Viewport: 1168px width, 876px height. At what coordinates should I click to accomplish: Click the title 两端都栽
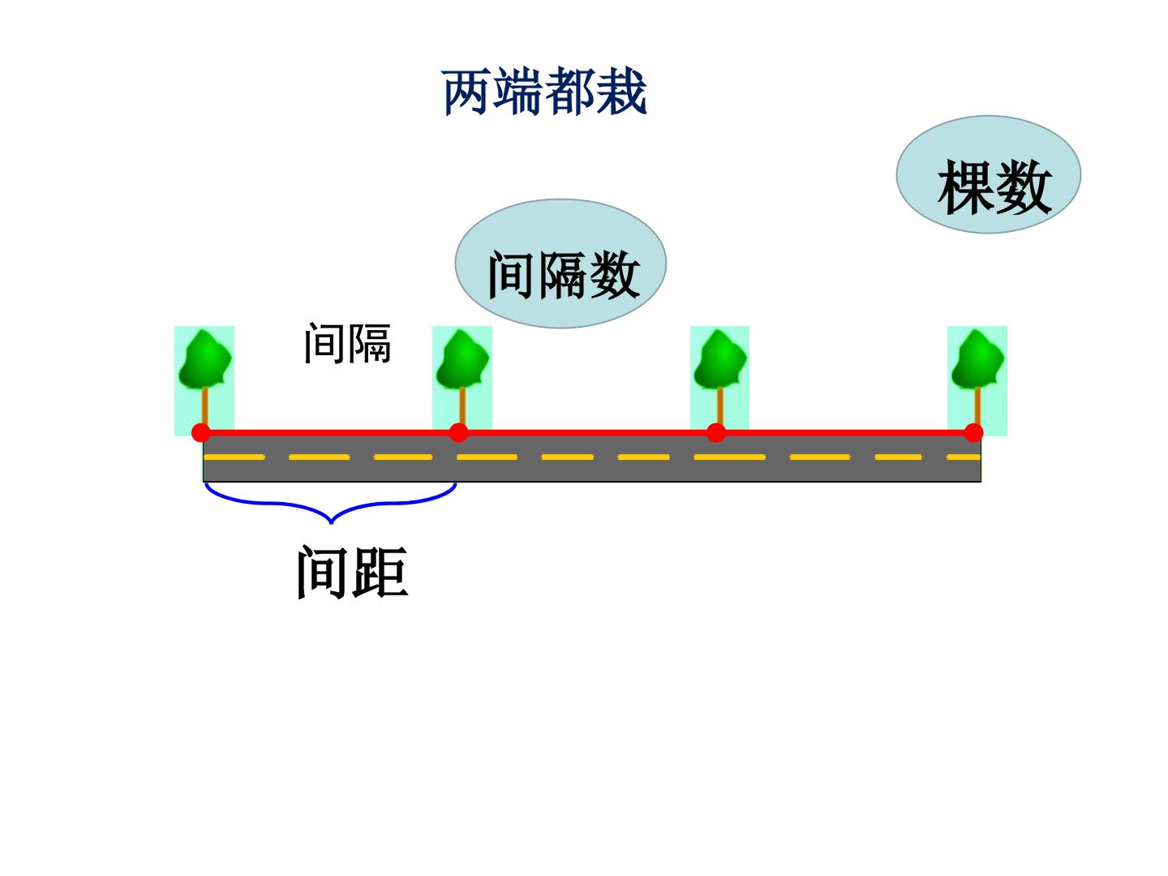(x=543, y=92)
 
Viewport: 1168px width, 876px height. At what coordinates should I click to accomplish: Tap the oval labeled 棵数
(x=988, y=174)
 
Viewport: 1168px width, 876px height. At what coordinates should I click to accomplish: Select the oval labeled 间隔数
(x=560, y=264)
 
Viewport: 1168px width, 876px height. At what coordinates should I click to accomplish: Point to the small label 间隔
(x=347, y=344)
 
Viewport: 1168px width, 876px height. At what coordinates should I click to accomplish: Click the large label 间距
(x=352, y=572)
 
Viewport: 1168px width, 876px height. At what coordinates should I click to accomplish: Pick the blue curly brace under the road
(x=330, y=503)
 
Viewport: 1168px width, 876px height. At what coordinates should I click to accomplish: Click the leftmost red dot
(x=201, y=433)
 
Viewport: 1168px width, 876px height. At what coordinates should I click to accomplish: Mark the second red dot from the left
(x=459, y=433)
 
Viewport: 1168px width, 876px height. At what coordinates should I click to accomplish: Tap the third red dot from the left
(x=716, y=433)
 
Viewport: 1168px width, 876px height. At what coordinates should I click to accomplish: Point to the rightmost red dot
(x=974, y=433)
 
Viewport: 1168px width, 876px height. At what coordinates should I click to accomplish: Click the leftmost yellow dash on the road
(x=234, y=457)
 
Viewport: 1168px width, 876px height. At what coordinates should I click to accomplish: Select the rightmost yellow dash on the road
(x=963, y=457)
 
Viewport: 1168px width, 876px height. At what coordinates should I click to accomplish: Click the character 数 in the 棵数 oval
(x=1024, y=187)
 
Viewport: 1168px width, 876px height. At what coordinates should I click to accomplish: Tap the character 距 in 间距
(x=380, y=572)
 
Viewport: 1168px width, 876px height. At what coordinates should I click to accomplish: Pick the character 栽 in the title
(x=621, y=92)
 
